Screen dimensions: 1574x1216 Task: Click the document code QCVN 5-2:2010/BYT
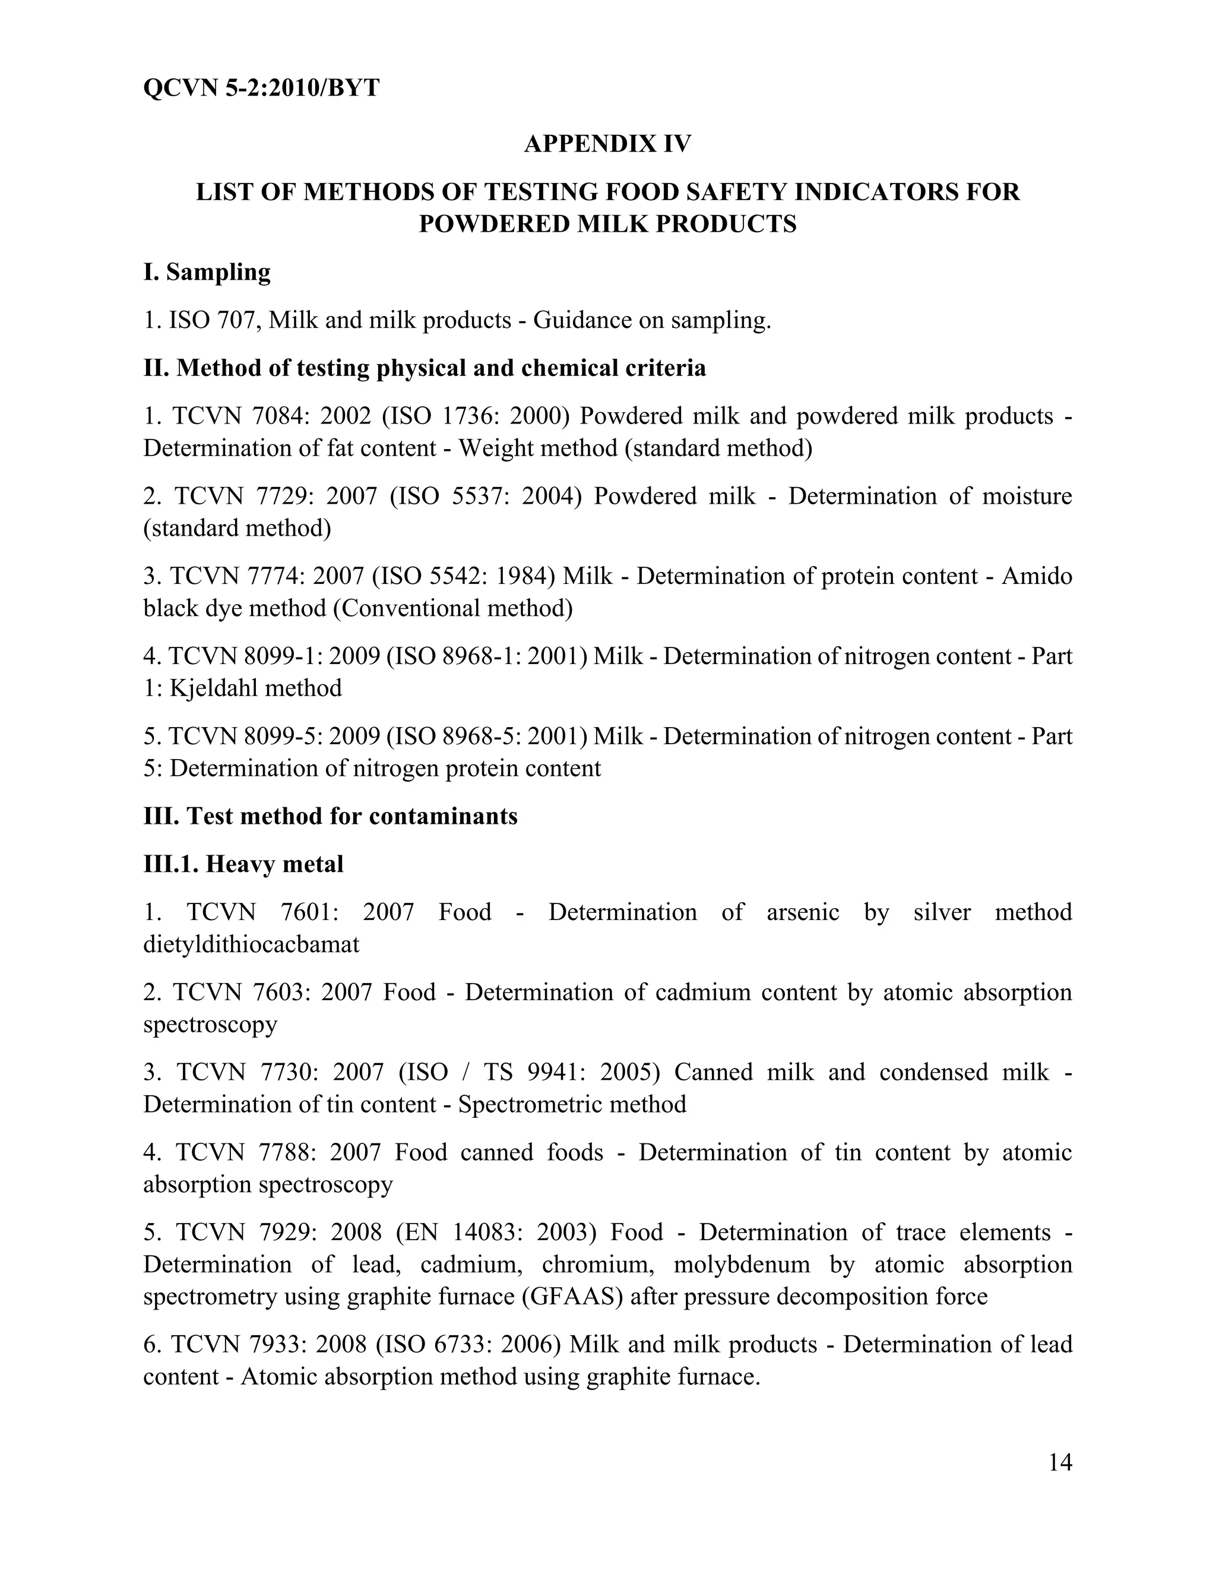click(x=261, y=88)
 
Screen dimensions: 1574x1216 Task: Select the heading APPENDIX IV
click(x=607, y=144)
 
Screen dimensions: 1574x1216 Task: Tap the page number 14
click(x=1060, y=1462)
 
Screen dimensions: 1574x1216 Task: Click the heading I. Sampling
click(x=207, y=273)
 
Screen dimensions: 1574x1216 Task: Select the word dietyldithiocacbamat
click(x=251, y=944)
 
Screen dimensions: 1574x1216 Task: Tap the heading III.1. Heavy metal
click(x=243, y=864)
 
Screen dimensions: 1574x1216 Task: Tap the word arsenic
click(x=803, y=912)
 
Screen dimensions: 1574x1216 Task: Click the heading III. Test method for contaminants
click(x=330, y=817)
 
